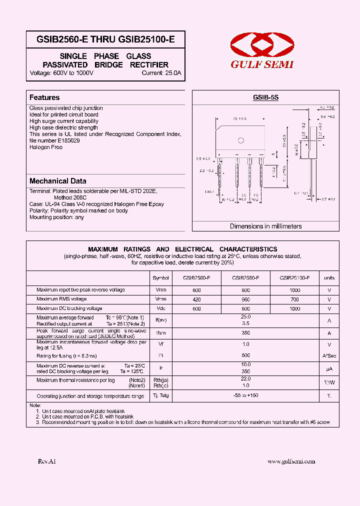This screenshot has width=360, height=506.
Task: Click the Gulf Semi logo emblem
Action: pyautogui.click(x=261, y=45)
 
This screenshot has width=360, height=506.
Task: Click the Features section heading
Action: pyautogui.click(x=44, y=97)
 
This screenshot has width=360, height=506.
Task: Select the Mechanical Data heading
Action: pyautogui.click(x=57, y=181)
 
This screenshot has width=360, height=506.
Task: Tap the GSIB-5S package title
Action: pyautogui.click(x=265, y=98)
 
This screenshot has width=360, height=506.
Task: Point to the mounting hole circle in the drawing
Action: pyautogui.click(x=241, y=141)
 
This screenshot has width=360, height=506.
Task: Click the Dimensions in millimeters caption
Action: pyautogui.click(x=265, y=226)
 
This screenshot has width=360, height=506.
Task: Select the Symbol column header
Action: pyautogui.click(x=160, y=278)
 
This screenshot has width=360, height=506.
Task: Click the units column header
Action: pyautogui.click(x=329, y=278)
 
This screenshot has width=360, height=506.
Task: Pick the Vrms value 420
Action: pyautogui.click(x=196, y=299)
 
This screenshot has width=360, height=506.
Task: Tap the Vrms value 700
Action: pyautogui.click(x=294, y=299)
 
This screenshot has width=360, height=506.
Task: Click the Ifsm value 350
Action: pyautogui.click(x=245, y=332)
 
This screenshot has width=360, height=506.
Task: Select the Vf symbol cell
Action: pyautogui.click(x=160, y=344)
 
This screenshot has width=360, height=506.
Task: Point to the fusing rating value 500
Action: pyautogui.click(x=245, y=356)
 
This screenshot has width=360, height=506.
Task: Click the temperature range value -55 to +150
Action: pyautogui.click(x=245, y=395)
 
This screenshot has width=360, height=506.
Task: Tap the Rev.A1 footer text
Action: pyautogui.click(x=47, y=461)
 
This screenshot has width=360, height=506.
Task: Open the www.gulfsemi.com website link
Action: pyautogui.click(x=291, y=461)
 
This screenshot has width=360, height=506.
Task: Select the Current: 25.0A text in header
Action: pyautogui.click(x=161, y=73)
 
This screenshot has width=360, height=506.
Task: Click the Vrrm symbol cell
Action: pyautogui.click(x=160, y=290)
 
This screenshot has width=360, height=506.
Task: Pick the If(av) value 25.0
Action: pyautogui.click(x=245, y=317)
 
